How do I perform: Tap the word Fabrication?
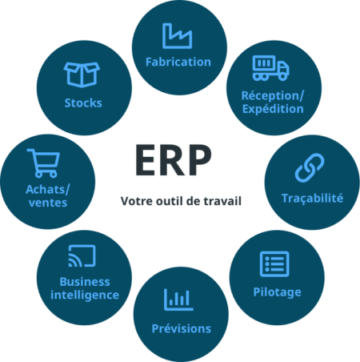(x=178, y=62)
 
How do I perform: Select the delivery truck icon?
(x=270, y=68)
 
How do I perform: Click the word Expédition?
(x=273, y=110)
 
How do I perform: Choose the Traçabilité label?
(x=312, y=199)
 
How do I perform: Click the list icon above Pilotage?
(x=274, y=263)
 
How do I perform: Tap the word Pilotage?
(x=277, y=292)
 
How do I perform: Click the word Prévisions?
(x=182, y=328)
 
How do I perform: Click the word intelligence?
(x=85, y=296)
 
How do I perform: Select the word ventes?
(x=48, y=203)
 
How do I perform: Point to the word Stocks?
(x=83, y=103)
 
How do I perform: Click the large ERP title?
(x=174, y=160)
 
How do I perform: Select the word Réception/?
(x=273, y=96)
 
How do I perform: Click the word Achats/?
(x=48, y=190)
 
